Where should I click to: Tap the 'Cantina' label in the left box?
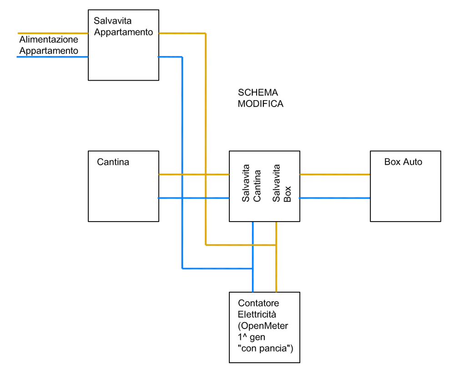pos(113,162)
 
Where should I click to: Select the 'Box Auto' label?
pos(403,162)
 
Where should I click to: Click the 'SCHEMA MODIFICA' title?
pos(260,98)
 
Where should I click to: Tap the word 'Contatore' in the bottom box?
pos(258,303)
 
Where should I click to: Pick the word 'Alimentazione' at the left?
pos(49,40)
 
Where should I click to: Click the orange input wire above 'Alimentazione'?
pos(52,33)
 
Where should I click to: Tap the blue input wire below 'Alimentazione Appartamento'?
pos(52,57)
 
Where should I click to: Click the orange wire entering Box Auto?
pos(335,174)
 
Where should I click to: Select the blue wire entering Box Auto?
pos(335,198)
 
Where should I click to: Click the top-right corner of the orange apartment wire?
pos(206,33)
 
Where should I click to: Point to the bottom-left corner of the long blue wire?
pos(182,269)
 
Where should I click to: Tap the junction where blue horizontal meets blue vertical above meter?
pos(253,269)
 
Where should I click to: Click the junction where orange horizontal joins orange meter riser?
pos(276,245)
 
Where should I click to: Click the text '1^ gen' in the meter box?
pos(252,337)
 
